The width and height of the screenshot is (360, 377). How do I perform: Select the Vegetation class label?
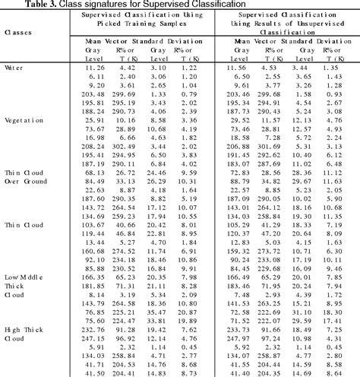coord(22,120)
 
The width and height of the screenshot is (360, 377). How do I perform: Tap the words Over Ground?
coord(24,182)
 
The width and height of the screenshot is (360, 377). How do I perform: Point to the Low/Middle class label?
coord(22,277)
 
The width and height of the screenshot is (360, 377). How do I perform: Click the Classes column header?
coord(17,32)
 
